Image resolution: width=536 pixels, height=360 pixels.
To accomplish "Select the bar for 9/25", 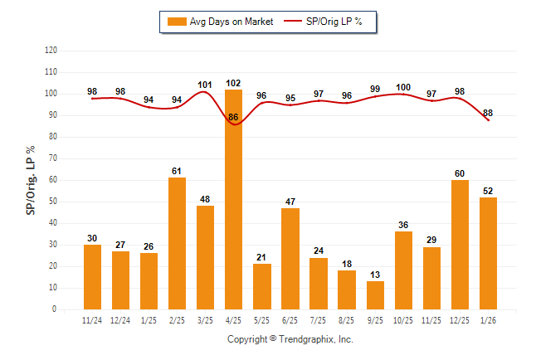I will click(375, 294).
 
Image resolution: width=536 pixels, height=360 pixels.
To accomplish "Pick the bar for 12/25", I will click(460, 244).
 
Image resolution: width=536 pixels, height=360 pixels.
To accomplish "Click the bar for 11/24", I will click(92, 277).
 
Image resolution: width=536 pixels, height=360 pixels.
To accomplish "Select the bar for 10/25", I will click(403, 270).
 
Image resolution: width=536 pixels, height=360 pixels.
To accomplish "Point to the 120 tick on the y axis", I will click(51, 51).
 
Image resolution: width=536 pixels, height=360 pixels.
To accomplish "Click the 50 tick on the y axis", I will click(53, 202).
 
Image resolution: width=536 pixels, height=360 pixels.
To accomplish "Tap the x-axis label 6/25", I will click(290, 319).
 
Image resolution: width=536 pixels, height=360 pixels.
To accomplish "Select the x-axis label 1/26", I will click(488, 319).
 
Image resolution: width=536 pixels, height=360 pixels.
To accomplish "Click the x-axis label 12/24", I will click(120, 319).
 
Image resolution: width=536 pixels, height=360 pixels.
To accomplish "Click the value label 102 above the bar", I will click(233, 83).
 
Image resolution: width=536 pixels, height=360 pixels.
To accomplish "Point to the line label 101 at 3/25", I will click(205, 84).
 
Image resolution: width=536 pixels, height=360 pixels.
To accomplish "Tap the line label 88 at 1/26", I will click(488, 113).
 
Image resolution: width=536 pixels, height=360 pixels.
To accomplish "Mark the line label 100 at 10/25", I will click(403, 87).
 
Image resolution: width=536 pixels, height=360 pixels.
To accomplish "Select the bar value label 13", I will click(375, 275).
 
